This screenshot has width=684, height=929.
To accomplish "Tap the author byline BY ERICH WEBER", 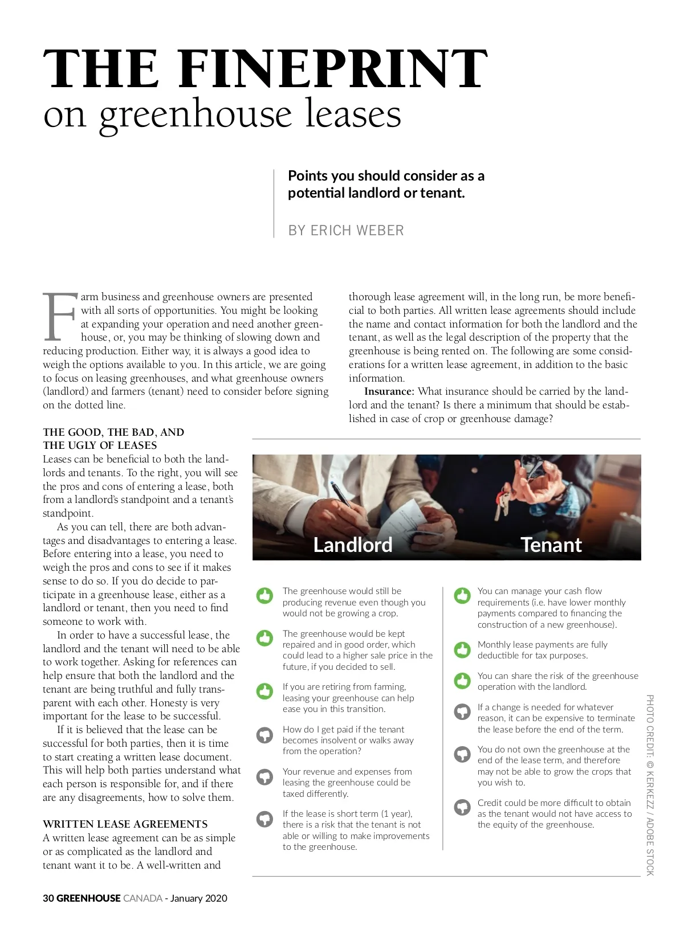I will tap(345, 230).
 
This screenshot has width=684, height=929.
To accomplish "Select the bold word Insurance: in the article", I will tap(389, 391).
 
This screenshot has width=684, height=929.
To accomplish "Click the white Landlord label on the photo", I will tap(353, 545).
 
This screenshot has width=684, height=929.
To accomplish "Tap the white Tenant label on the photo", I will tap(551, 545).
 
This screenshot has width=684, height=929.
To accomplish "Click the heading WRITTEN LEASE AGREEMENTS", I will tap(125, 824).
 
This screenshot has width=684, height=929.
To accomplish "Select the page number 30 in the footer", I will tap(48, 898).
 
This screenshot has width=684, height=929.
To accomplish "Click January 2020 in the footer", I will tap(198, 898).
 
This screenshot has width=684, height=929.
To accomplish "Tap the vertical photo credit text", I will tap(650, 785).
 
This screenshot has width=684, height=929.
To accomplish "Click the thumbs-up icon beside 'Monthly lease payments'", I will tap(462, 649).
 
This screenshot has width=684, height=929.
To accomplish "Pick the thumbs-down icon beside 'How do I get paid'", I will tap(265, 735).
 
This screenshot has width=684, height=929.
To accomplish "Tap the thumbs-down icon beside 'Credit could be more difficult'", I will tap(462, 808).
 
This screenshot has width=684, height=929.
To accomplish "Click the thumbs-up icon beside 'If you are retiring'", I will tap(265, 691).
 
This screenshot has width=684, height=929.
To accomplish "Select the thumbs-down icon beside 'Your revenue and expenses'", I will tap(265, 777).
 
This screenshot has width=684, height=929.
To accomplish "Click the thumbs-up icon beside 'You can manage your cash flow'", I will tap(462, 596).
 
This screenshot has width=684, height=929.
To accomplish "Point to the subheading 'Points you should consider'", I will tap(386, 184).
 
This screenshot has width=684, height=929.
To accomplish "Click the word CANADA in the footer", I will tap(142, 898).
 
